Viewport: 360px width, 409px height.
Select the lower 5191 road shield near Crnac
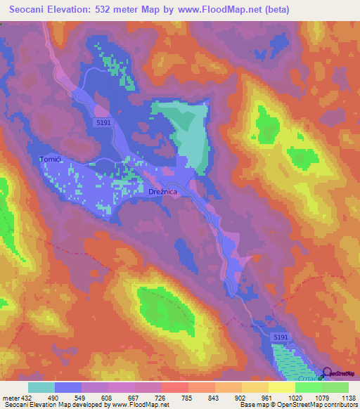point(281,338)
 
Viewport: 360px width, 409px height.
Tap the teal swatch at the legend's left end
point(41,387)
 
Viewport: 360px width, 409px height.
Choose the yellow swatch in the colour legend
point(281,387)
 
